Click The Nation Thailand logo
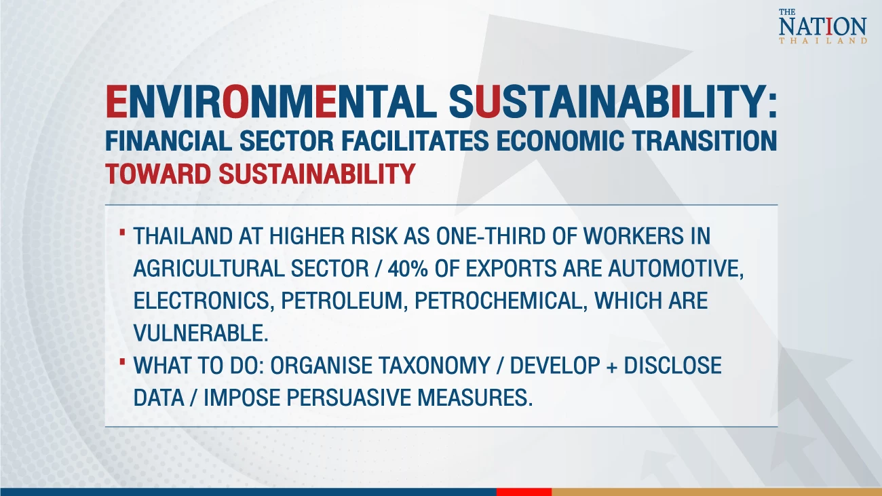pos(822,26)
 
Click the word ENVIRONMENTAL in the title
pos(271,102)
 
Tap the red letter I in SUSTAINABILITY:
pos(676,102)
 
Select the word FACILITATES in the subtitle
pos(415,140)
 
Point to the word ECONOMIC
pos(560,140)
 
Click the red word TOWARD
pos(158,174)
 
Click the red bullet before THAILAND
pos(122,233)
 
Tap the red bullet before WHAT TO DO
pos(122,362)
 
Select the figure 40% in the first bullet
pos(408,269)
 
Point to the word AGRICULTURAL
pos(209,269)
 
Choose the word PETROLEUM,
pos(344,301)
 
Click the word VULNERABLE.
pos(201,333)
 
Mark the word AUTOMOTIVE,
pos(676,269)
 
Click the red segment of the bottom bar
pos(524,492)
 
